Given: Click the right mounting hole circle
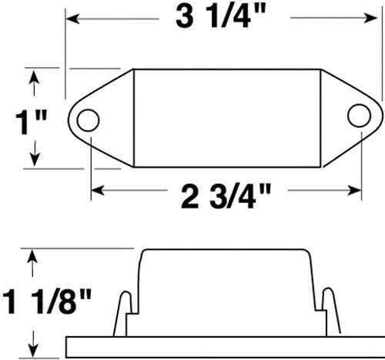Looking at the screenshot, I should [357, 115].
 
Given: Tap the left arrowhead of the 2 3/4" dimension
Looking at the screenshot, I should [96, 188].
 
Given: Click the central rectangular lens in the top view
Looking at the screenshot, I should [227, 117].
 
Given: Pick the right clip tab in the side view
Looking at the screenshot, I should [329, 310].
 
